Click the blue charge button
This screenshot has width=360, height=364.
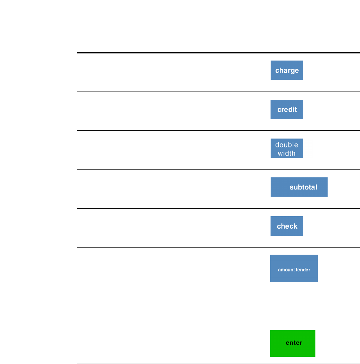[x=287, y=70]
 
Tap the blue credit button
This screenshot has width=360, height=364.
[x=287, y=109]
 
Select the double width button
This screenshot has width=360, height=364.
[x=287, y=148]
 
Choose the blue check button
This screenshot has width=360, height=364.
[x=287, y=226]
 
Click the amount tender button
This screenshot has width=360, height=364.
[x=294, y=269]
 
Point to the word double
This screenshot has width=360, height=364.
[x=287, y=145]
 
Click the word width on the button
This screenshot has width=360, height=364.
[x=287, y=153]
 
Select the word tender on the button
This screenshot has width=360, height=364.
[x=303, y=270]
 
